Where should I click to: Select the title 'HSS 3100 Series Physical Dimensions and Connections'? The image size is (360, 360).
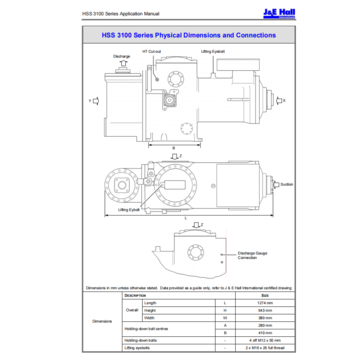(180, 35)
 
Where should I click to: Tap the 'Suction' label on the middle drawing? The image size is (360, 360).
(286, 184)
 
